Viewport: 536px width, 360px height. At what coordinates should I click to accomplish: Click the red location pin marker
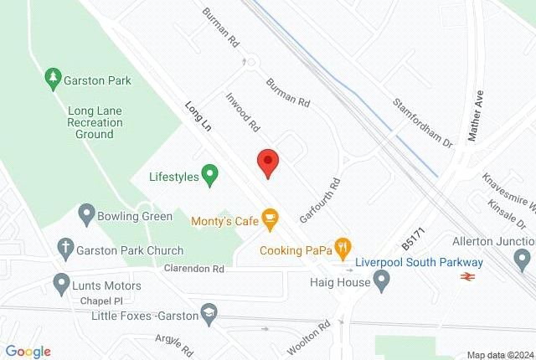coord(267,161)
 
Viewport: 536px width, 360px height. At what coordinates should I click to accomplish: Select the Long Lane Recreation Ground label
coord(95,121)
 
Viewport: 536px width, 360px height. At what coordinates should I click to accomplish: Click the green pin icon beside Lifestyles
coord(211,176)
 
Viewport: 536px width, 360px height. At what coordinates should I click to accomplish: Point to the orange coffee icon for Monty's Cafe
coord(270,220)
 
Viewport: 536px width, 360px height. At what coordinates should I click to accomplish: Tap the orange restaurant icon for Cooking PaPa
coord(343,247)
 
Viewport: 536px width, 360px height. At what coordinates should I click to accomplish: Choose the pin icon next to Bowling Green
coord(85,214)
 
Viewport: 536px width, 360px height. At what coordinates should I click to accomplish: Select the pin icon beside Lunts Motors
coord(60,283)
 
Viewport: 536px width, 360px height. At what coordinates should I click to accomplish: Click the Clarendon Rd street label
coord(196,270)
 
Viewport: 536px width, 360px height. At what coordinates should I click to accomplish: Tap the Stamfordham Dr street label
coord(423,122)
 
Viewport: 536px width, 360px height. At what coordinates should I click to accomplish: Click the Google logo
coord(28,351)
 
